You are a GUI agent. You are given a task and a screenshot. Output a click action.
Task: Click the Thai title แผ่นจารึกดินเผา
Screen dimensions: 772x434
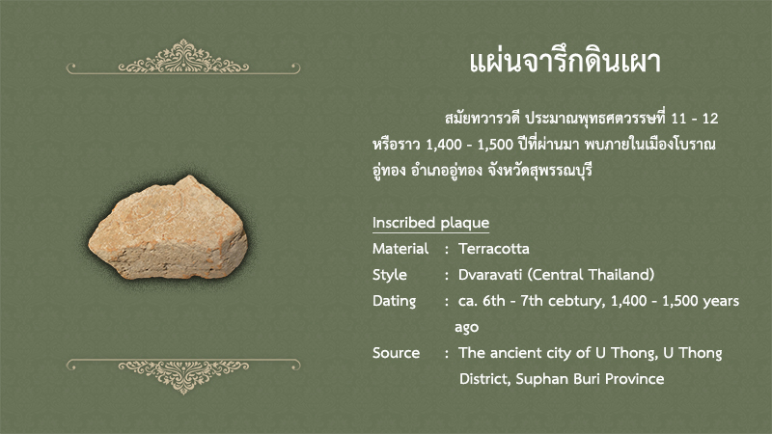pos(565,63)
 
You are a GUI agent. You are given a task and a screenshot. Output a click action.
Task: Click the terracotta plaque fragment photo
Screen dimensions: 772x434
pos(168,229)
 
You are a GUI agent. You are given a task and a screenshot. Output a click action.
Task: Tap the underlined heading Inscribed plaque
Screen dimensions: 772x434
pos(430,223)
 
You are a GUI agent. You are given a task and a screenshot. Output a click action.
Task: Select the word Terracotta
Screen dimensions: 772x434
pos(494,249)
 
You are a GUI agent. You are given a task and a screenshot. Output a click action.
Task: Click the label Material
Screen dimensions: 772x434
pos(400,249)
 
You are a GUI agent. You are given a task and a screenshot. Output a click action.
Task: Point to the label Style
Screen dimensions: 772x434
pos(390,275)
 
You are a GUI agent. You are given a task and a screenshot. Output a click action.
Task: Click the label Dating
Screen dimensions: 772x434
pos(394,301)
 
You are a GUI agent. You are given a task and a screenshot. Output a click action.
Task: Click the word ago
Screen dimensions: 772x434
pos(467,328)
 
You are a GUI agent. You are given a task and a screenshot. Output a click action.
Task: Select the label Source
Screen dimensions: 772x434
pos(396,353)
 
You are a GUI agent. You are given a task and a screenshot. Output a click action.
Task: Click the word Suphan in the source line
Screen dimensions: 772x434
pos(538,379)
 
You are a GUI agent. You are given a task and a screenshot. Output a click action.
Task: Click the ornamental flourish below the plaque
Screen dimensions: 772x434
pos(183,376)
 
